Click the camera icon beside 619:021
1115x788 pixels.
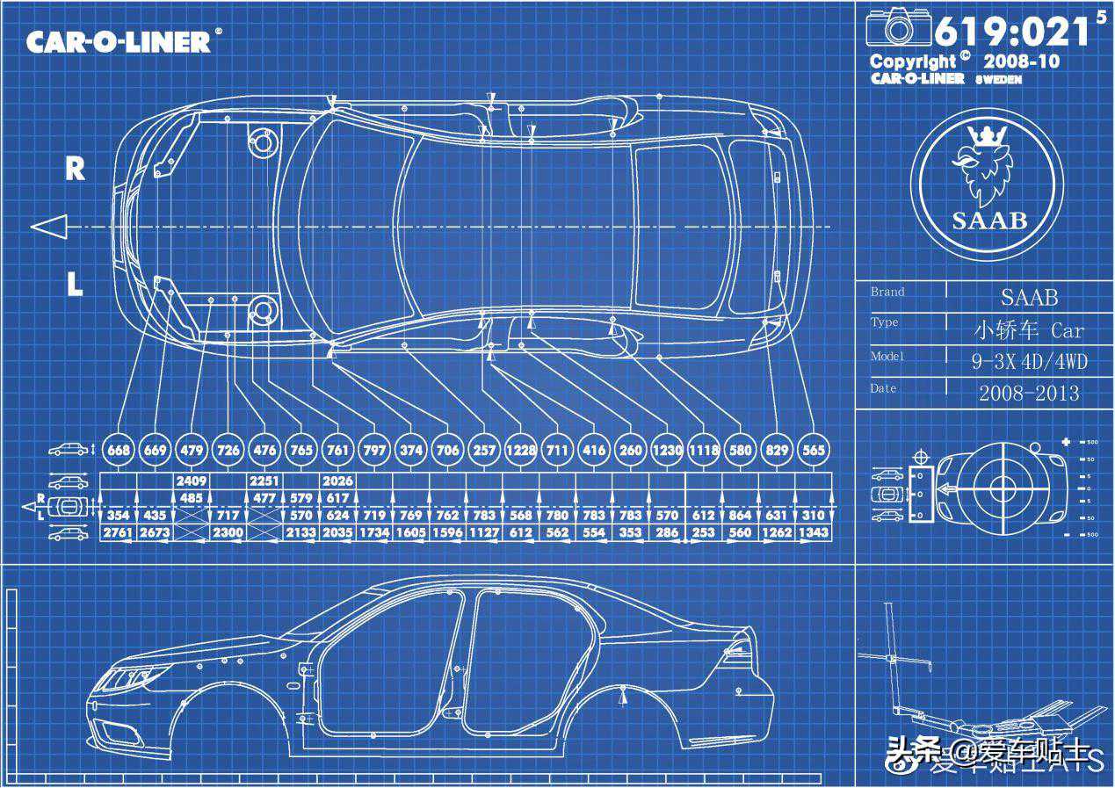tap(898, 28)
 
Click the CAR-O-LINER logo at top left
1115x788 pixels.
tap(119, 40)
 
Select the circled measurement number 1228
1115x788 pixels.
tap(520, 450)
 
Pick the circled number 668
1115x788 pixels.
tap(119, 450)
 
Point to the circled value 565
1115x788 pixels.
tap(814, 450)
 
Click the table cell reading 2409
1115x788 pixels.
tap(191, 481)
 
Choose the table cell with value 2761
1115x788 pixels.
tap(118, 532)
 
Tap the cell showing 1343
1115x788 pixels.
tap(814, 532)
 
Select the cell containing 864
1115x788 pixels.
tap(741, 516)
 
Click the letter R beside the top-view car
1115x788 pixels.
tap(76, 169)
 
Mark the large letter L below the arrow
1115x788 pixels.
tap(76, 284)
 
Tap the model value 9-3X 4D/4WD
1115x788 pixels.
tap(1029, 360)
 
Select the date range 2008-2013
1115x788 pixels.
tap(1029, 393)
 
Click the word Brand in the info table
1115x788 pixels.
tap(887, 292)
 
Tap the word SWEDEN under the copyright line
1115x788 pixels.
tap(996, 79)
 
